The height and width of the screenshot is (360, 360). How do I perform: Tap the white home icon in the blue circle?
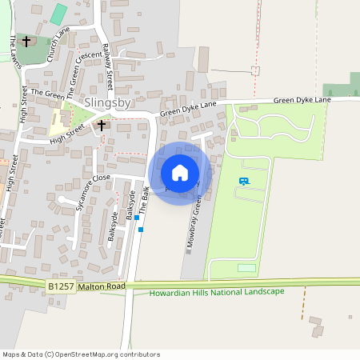180,173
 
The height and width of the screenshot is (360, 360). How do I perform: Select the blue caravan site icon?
243,182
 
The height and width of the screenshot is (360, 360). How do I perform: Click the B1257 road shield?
61,286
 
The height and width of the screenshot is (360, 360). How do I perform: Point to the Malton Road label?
102,286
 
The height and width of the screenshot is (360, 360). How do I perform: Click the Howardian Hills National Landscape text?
217,291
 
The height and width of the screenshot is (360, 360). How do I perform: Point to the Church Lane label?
58,45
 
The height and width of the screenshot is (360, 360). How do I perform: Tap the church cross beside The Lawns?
26,40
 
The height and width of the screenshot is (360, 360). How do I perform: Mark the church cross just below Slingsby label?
102,126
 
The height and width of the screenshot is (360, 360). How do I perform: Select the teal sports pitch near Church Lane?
58,14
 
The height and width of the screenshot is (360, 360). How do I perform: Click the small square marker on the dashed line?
255,70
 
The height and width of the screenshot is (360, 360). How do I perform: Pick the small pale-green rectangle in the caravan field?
247,267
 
